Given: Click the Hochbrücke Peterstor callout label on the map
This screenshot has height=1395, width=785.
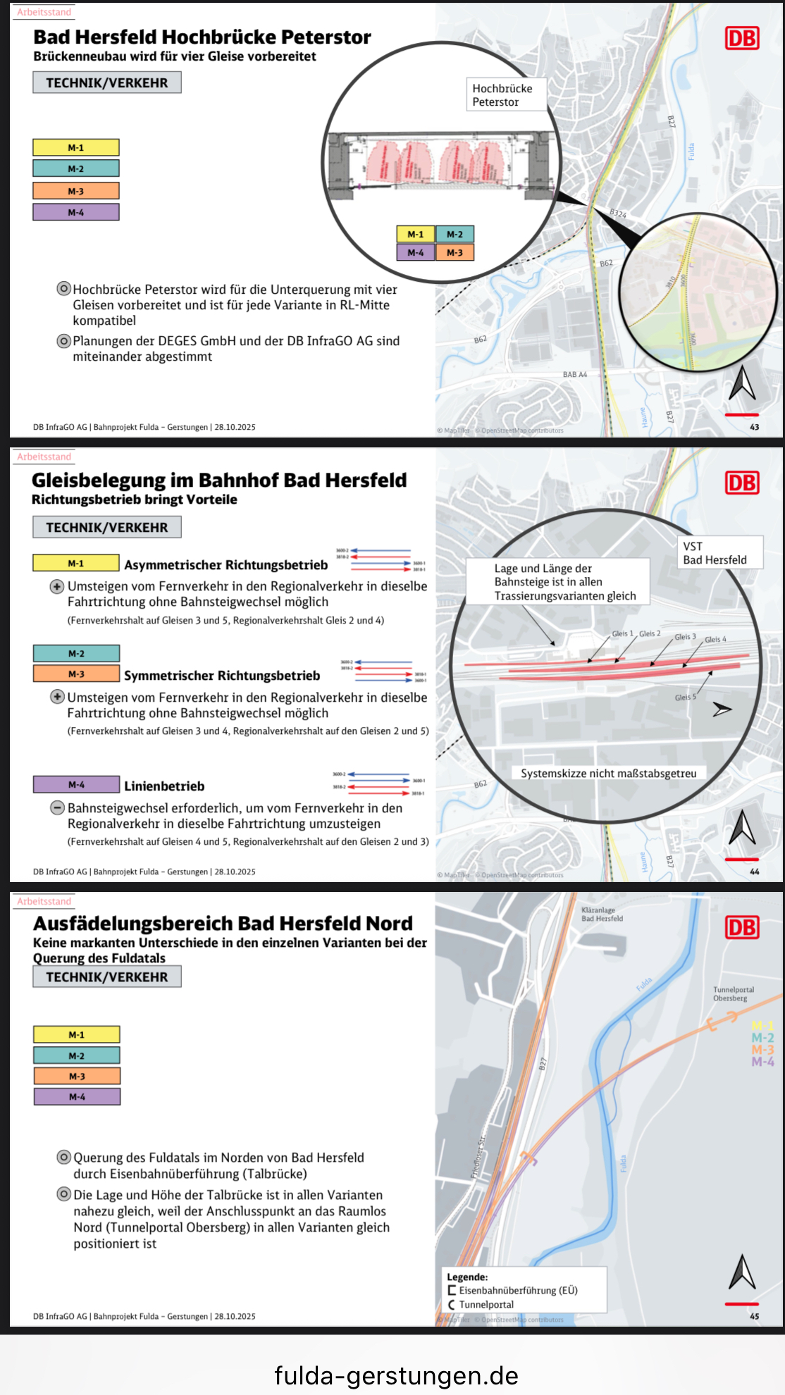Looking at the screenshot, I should [502, 95].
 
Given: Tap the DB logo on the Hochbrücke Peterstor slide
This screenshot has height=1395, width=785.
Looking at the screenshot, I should [742, 38].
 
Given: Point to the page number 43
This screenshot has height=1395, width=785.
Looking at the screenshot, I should [754, 427].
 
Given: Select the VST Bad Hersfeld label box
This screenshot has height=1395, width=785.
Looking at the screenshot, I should [715, 553].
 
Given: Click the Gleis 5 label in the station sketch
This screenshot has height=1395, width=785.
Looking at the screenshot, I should [685, 697].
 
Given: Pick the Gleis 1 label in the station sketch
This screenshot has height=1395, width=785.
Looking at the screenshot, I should [622, 633].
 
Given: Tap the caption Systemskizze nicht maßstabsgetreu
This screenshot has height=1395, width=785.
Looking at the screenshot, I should [608, 774].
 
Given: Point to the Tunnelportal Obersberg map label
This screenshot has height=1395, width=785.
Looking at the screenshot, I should [733, 993].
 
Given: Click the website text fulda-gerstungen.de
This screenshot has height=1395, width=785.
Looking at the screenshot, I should [396, 1375].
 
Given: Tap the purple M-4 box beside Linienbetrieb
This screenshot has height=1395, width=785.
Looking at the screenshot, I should [76, 784].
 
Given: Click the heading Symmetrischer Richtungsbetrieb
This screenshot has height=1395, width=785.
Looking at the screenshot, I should [222, 676].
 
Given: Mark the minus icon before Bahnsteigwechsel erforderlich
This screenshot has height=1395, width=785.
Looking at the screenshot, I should [57, 808].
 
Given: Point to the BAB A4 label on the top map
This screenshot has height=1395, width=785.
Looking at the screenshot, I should [574, 375].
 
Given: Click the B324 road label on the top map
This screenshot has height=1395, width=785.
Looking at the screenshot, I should [618, 213].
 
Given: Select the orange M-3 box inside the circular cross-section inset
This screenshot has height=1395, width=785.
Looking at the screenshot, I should [455, 252].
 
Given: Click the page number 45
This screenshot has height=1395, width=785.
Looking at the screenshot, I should [754, 1316].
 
